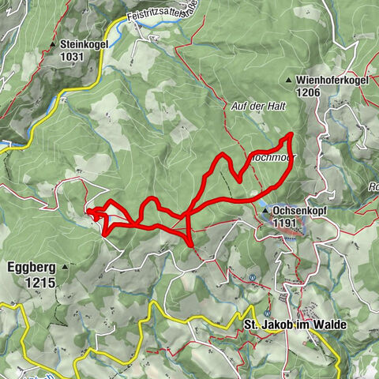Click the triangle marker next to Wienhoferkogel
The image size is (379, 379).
pyautogui.click(x=291, y=80)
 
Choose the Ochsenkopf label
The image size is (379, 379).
pyautogui.click(x=296, y=212)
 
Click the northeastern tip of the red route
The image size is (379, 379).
pyautogui.click(x=291, y=136)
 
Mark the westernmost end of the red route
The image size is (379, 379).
pyautogui.click(x=86, y=212)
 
